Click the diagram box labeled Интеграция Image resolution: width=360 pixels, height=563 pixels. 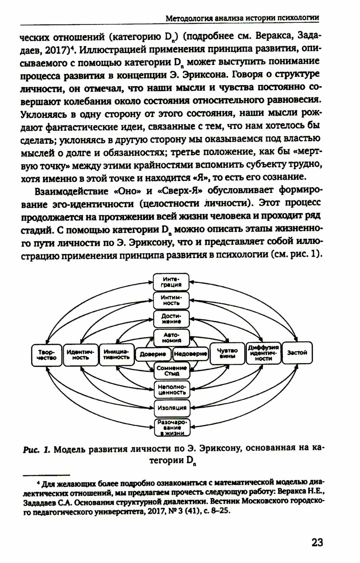171,282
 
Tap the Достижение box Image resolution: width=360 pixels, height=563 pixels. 171,319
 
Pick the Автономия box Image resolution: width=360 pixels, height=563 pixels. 172,338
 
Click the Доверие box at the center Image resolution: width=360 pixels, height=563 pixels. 153,354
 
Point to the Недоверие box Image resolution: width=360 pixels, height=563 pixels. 190,354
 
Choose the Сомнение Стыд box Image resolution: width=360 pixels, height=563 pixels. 172,371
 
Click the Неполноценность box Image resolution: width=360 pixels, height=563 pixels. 172,390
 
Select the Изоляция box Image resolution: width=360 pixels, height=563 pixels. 172,408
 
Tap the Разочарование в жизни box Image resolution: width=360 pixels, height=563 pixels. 172,428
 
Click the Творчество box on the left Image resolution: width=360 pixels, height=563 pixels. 47,355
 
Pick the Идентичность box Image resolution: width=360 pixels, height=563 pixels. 80,355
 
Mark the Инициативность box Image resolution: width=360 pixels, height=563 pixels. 116,355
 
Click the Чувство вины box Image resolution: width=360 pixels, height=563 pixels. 227,353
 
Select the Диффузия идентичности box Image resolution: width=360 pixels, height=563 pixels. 264,353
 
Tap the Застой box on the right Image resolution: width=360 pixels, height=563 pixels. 297,353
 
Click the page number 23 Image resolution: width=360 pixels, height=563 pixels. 317,542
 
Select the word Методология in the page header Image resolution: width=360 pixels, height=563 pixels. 189,18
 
